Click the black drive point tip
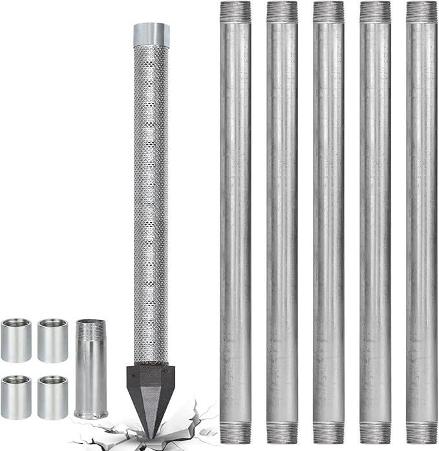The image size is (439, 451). click(x=150, y=395)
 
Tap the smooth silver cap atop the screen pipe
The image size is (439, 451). click(x=151, y=34)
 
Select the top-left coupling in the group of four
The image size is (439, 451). click(x=16, y=340)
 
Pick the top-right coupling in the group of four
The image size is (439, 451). click(x=52, y=340)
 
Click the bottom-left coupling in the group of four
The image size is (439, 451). click(x=16, y=397)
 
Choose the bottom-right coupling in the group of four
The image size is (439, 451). click(x=52, y=397)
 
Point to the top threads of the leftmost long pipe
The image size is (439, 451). click(x=235, y=12)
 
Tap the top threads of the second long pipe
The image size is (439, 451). click(x=282, y=12)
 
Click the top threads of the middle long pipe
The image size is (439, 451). click(x=328, y=12)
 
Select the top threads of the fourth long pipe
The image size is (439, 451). click(x=375, y=12)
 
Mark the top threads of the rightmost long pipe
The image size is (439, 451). click(x=422, y=12)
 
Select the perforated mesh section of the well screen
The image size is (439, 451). click(x=151, y=194)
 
